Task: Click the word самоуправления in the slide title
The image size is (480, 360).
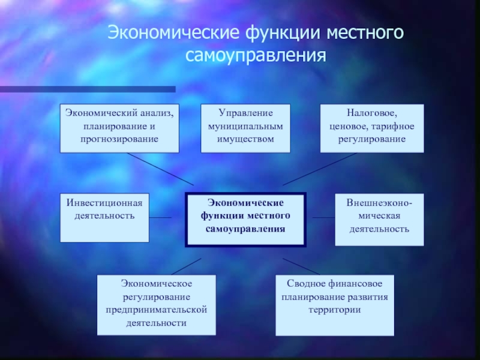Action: (x=256, y=55)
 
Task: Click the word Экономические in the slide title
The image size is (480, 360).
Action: (x=173, y=32)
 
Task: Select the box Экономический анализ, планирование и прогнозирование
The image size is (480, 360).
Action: (x=119, y=128)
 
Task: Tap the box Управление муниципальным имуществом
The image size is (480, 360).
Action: (x=245, y=128)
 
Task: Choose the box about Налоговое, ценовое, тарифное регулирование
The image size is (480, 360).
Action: (x=372, y=128)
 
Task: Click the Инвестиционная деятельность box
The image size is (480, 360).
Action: (x=104, y=218)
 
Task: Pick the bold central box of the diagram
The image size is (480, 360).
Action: (x=245, y=219)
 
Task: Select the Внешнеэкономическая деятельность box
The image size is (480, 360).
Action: (x=380, y=220)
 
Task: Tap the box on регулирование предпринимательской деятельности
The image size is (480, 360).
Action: (x=157, y=305)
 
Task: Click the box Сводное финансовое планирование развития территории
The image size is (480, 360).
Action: (x=335, y=305)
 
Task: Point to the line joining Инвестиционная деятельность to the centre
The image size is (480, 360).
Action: (x=160, y=218)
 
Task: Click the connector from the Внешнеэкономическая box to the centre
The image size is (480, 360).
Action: (x=323, y=218)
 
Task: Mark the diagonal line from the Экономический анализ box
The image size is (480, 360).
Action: (x=160, y=169)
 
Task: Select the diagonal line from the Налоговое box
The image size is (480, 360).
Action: (x=320, y=169)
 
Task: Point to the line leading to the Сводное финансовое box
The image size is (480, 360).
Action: (x=301, y=266)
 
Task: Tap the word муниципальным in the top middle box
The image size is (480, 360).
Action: (x=245, y=126)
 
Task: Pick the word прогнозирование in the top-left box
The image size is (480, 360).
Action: (x=119, y=139)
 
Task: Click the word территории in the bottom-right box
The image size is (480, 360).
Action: (x=335, y=310)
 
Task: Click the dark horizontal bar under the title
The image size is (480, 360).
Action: (x=88, y=89)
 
